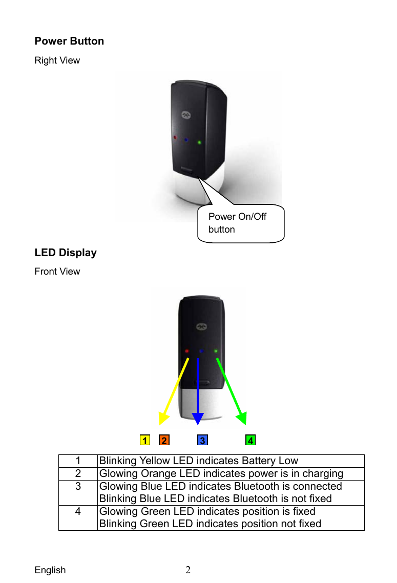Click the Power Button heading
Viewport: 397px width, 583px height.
(x=69, y=41)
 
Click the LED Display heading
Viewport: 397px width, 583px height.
(x=66, y=253)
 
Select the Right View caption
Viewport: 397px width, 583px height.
(x=57, y=60)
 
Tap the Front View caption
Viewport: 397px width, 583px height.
(x=57, y=272)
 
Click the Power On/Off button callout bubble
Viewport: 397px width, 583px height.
(x=240, y=223)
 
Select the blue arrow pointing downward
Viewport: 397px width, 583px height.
(x=198, y=389)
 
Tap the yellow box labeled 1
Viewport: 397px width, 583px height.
(x=145, y=441)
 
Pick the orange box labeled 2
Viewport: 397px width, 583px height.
(x=164, y=441)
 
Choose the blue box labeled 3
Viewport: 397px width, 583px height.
(x=203, y=441)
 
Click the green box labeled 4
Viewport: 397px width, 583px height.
(x=250, y=441)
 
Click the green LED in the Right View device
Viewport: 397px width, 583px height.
(x=200, y=142)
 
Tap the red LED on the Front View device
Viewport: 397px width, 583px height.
(x=187, y=351)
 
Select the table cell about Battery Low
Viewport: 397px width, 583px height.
(x=198, y=461)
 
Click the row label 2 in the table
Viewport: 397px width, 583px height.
(x=78, y=473)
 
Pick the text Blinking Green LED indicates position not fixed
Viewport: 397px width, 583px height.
(x=210, y=524)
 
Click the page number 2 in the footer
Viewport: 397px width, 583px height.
(x=188, y=570)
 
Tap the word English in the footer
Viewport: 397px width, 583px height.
(x=50, y=570)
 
